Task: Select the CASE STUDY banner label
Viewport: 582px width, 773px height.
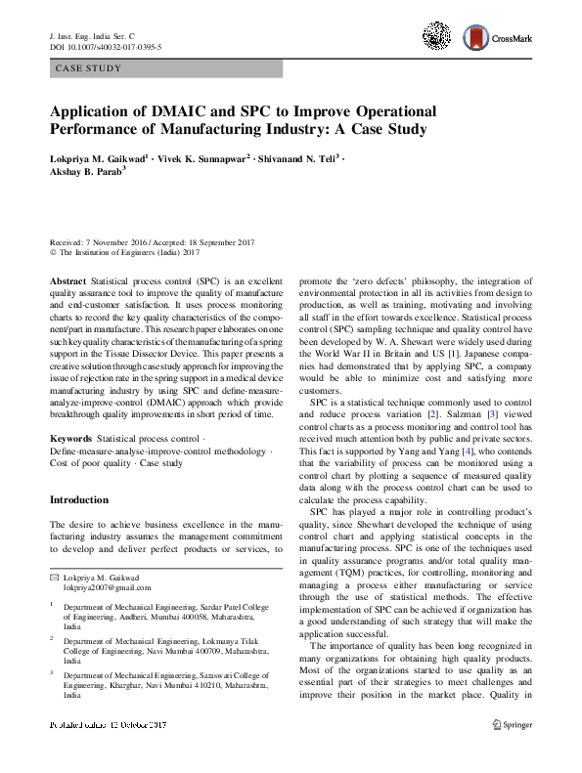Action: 89,68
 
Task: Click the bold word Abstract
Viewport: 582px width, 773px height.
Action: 67,280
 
